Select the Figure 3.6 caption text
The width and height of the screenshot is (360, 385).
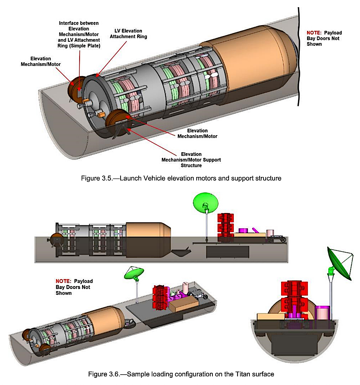point(181,374)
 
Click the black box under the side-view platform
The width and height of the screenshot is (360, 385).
point(228,252)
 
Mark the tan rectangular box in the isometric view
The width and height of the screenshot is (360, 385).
point(184,305)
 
